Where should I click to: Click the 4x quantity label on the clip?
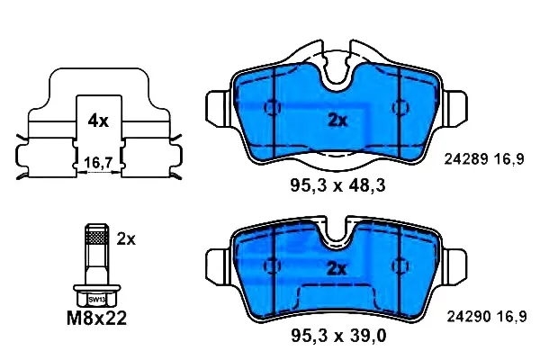coord(98,121)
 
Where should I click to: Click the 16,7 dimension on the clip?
coord(98,163)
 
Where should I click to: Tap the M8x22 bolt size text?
coord(97,319)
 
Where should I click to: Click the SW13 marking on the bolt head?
coord(97,300)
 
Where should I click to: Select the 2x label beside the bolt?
coord(126,239)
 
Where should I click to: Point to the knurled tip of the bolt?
coord(97,237)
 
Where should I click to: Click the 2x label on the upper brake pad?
coord(337,121)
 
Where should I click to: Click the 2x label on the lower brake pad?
coord(336,269)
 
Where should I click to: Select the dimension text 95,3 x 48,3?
coord(337,186)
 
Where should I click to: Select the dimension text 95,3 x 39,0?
coord(338,335)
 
